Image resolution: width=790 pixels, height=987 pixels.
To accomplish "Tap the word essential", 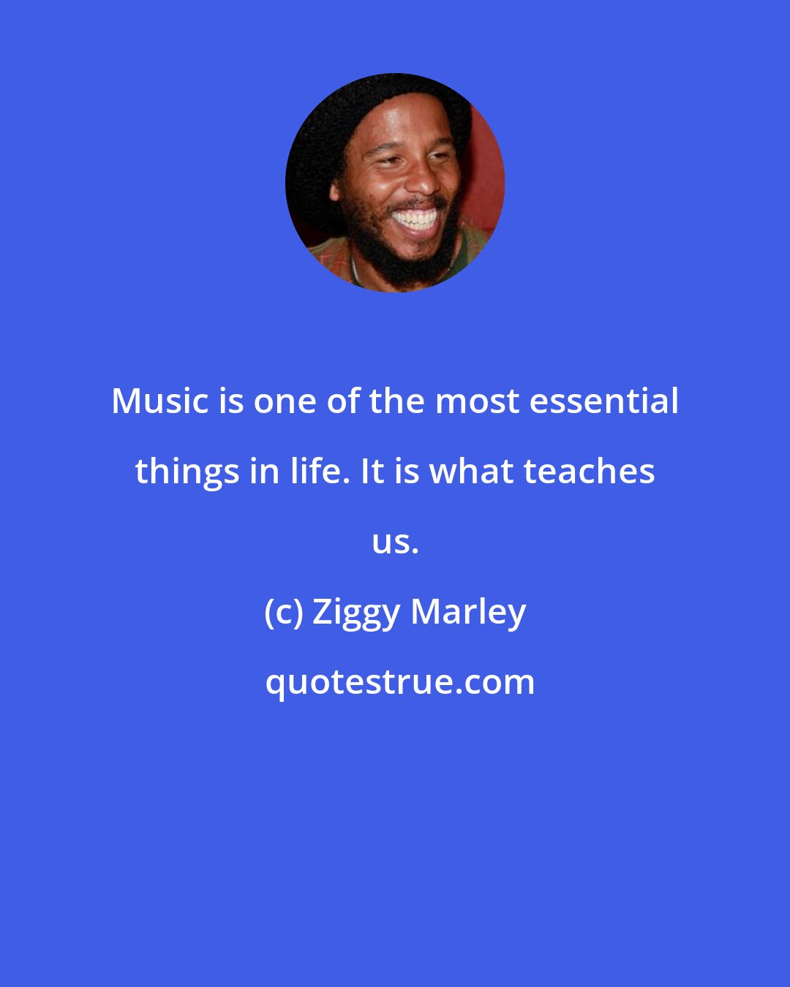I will [603, 401].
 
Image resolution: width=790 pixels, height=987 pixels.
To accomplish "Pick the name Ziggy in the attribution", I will [355, 613].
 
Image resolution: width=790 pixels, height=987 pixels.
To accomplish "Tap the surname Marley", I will [468, 612].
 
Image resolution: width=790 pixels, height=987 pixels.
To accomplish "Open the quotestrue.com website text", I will [399, 682].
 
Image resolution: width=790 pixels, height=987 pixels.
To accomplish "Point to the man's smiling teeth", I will [415, 219].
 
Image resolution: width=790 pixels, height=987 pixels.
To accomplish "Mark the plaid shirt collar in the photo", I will [329, 260].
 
